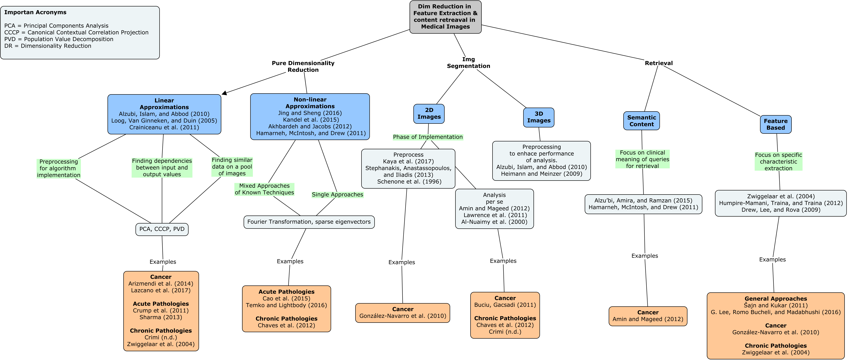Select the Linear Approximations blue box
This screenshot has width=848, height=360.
[x=164, y=114]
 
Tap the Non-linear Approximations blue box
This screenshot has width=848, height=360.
[x=310, y=117]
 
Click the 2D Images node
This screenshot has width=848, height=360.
[x=429, y=114]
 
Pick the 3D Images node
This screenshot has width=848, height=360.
[x=539, y=117]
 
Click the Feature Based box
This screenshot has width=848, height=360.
[x=776, y=124]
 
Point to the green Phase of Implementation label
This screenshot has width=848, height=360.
[x=428, y=137]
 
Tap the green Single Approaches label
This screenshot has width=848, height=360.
[x=337, y=194]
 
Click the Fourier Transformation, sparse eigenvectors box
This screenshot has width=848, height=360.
[x=309, y=222]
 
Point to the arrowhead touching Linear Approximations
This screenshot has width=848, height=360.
[x=225, y=93]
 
